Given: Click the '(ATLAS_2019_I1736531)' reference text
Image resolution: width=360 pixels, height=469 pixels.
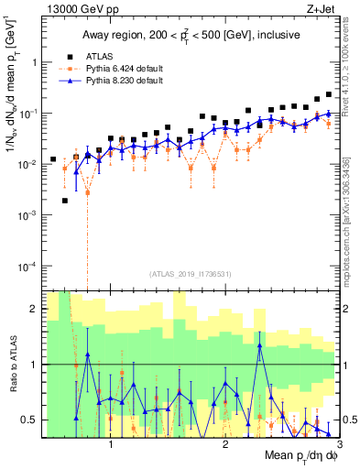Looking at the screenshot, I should click(x=191, y=274).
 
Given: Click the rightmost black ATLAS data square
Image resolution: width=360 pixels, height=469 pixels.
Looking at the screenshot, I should click(x=329, y=94).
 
